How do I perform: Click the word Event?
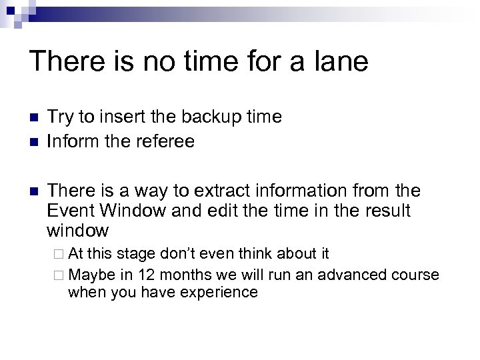click(x=71, y=211)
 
